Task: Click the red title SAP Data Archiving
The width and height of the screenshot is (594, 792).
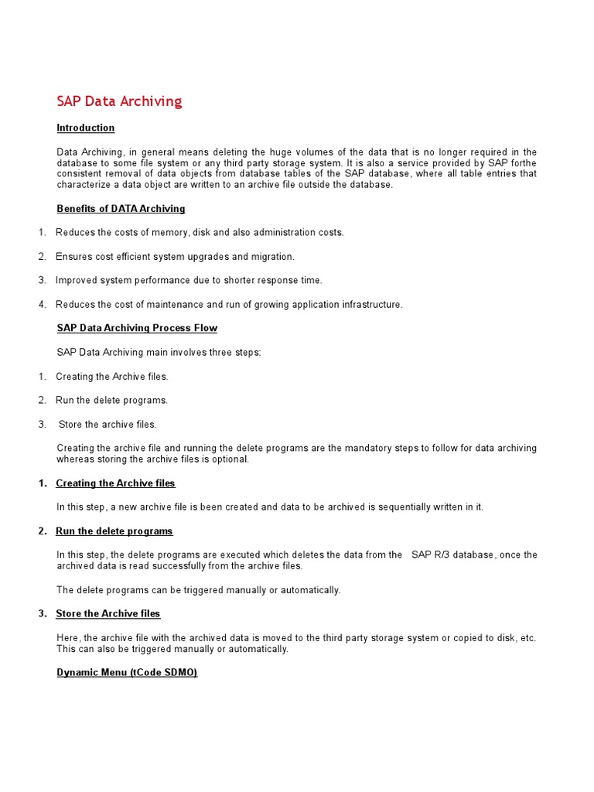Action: (x=119, y=101)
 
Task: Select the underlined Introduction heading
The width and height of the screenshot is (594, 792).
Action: (x=86, y=128)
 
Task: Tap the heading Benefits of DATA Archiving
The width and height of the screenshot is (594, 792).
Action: (x=121, y=209)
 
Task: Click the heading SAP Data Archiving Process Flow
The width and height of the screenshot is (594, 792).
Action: (x=137, y=328)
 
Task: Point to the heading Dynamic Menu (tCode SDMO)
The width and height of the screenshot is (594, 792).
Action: (x=127, y=673)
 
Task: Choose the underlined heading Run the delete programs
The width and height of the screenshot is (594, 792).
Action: (x=114, y=531)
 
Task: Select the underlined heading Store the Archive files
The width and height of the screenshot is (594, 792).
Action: (x=108, y=614)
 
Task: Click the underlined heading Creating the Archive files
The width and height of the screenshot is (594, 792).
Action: (x=115, y=483)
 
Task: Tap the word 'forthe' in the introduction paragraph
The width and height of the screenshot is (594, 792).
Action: (x=522, y=163)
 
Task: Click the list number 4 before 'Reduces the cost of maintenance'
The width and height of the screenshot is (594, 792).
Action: (x=42, y=305)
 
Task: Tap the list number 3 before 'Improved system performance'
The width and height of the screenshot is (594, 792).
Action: (x=42, y=281)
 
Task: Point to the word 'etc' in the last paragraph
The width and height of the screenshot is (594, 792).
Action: (x=527, y=638)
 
